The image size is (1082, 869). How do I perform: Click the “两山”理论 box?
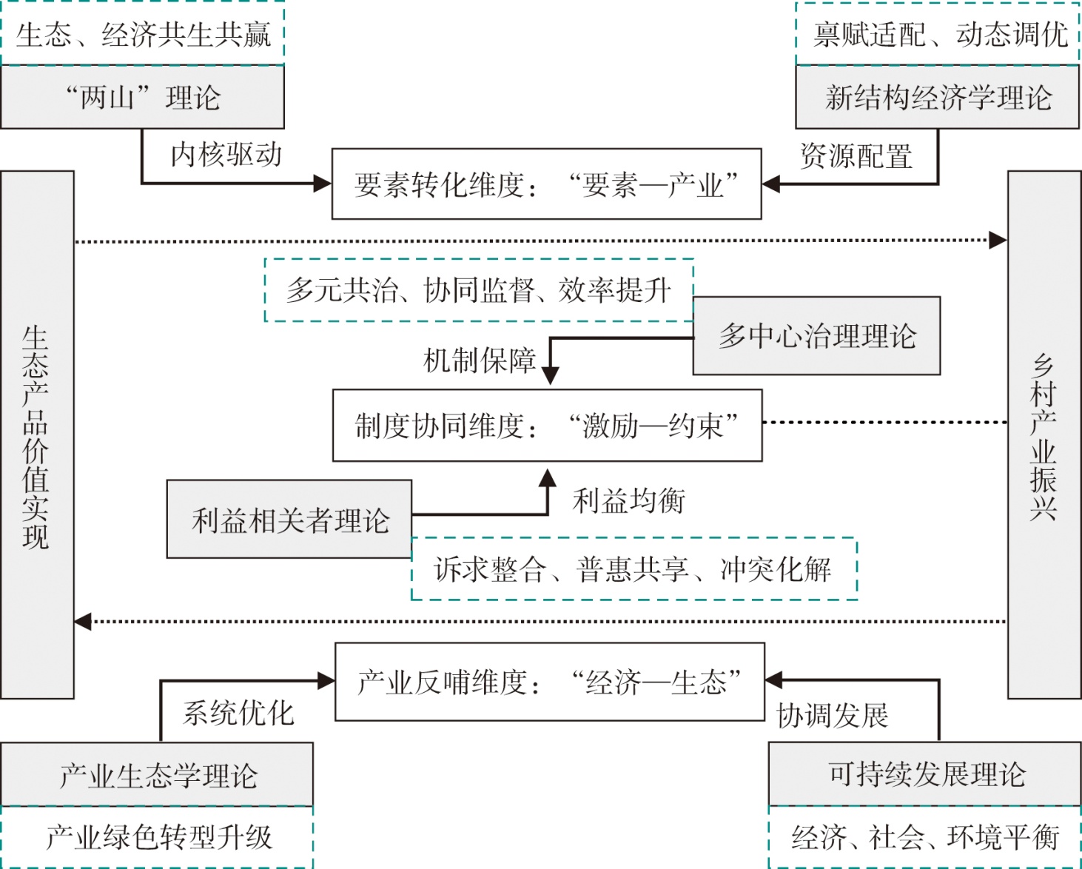(x=142, y=97)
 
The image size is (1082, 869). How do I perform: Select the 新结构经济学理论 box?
(x=937, y=97)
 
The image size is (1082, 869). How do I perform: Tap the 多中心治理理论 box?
(x=816, y=336)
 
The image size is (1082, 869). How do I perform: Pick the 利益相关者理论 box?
(x=289, y=520)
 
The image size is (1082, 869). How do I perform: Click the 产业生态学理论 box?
(x=157, y=775)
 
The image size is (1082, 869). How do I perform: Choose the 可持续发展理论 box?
(x=925, y=774)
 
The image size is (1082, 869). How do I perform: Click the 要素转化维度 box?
(x=546, y=184)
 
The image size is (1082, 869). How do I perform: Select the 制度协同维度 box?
(x=547, y=426)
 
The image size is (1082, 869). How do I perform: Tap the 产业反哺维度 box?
(x=549, y=682)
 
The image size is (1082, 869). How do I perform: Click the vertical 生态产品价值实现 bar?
(x=37, y=435)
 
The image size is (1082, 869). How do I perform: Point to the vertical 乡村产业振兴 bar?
(x=1044, y=435)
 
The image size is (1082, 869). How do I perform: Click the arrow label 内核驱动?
(x=226, y=155)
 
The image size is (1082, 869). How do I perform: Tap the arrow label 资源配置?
(x=856, y=156)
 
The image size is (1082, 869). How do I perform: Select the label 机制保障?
(x=479, y=360)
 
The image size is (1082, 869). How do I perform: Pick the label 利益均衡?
(x=628, y=501)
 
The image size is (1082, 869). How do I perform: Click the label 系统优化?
(x=238, y=713)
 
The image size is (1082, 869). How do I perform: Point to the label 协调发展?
(x=832, y=716)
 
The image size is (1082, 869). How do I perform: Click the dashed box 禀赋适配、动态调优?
(x=938, y=34)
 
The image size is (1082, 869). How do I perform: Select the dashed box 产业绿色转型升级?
(x=158, y=837)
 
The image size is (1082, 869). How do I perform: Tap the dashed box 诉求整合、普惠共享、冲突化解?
(x=634, y=569)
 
